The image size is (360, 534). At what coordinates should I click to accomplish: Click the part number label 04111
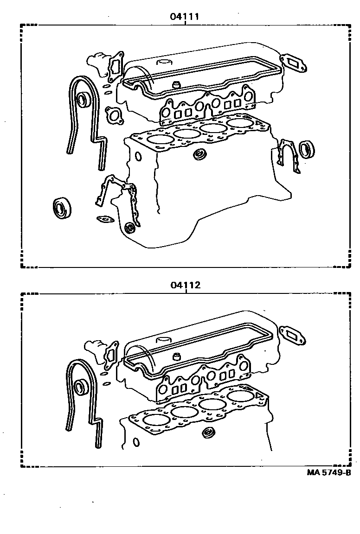click(x=184, y=17)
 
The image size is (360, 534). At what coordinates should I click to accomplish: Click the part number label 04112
click(x=185, y=286)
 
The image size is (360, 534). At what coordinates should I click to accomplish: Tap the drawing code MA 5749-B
click(x=328, y=473)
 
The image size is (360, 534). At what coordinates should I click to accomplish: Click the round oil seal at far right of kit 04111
click(x=306, y=150)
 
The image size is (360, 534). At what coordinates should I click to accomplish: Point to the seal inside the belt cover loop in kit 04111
click(x=84, y=99)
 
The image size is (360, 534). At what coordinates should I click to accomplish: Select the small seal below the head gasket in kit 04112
click(x=209, y=434)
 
